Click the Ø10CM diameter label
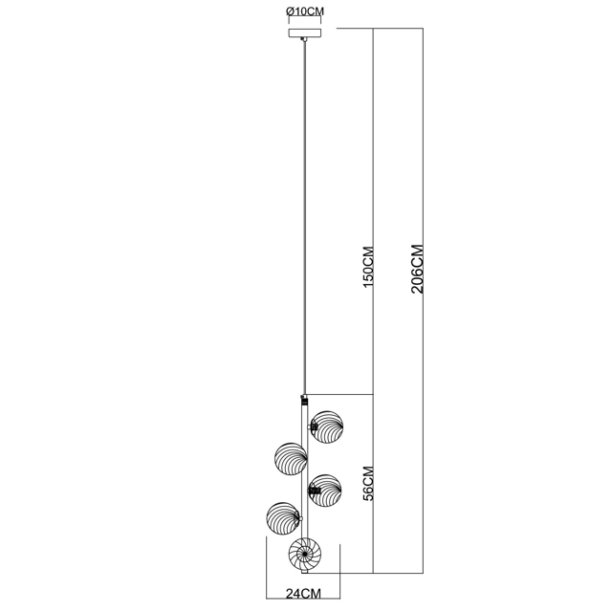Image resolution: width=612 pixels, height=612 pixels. point(305,11)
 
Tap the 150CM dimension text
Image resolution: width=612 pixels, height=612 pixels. point(368,267)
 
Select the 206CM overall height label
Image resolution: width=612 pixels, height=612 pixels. point(417,269)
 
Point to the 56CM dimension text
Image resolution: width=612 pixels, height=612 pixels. point(368,483)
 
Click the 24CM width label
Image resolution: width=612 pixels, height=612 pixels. point(303,594)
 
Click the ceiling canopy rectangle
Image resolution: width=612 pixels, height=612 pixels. point(305,33)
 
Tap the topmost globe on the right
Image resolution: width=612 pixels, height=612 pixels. point(327,427)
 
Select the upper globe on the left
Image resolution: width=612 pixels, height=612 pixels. point(291,459)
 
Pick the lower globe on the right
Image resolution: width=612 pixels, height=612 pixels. point(325,491)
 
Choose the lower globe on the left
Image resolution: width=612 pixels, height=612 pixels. point(283,518)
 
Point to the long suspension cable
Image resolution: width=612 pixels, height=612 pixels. point(305,217)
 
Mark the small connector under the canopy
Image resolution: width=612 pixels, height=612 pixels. point(303,39)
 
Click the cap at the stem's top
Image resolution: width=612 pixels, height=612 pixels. point(304,400)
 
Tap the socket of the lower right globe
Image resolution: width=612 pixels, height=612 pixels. point(315,491)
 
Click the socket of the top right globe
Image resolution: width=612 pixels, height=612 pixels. point(315,427)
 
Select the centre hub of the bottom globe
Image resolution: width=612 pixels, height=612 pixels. point(304,554)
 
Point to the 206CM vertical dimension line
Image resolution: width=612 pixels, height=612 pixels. point(423,300)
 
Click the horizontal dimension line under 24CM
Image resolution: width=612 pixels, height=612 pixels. point(303,599)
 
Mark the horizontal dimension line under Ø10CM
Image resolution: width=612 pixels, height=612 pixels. point(304,17)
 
